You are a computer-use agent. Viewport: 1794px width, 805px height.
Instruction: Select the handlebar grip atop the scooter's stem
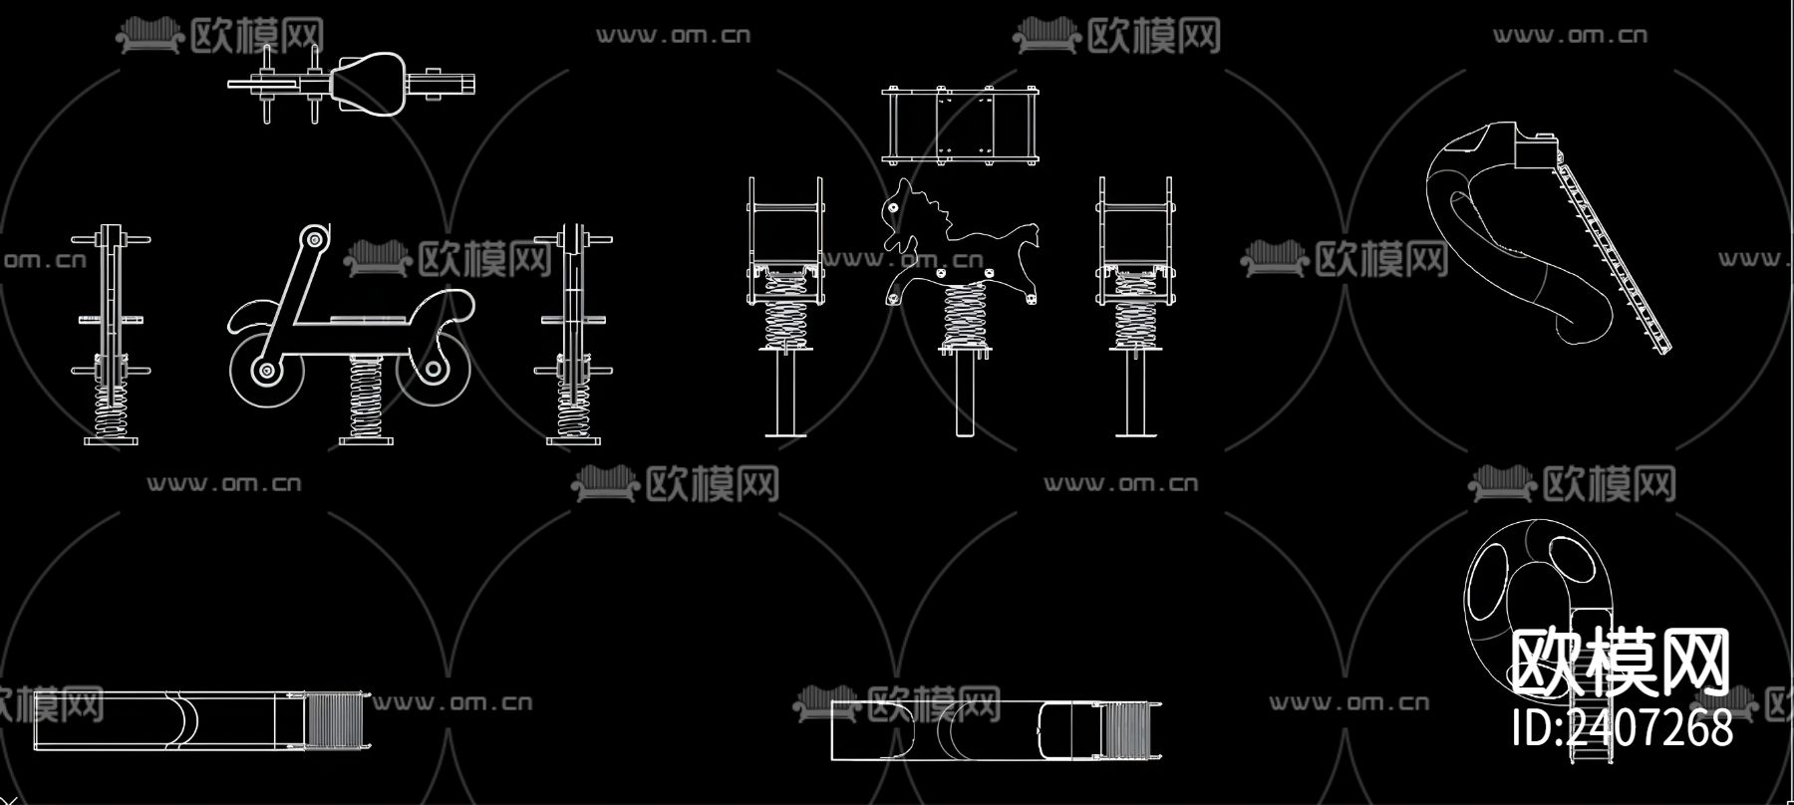coord(314,238)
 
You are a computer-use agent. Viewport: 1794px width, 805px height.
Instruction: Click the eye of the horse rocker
coord(893,209)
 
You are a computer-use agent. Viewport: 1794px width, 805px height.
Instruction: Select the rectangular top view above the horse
coord(962,125)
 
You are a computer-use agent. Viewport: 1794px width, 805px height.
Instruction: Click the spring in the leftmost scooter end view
coord(111,408)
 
